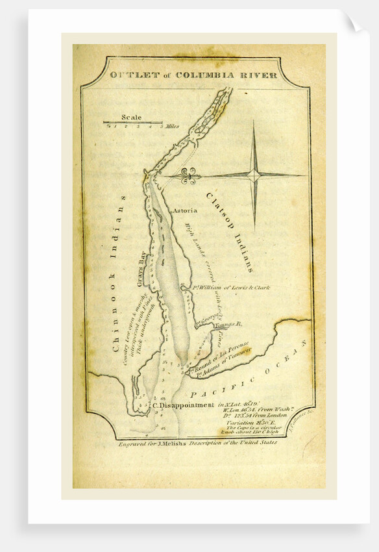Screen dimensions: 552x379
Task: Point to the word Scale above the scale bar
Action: [131, 118]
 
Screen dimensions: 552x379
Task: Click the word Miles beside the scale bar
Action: [172, 126]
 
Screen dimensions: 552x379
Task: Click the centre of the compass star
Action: [255, 173]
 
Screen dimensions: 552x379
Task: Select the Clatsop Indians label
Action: [230, 231]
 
